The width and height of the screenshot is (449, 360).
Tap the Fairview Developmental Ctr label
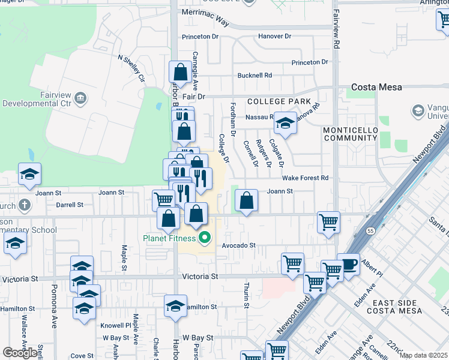39,98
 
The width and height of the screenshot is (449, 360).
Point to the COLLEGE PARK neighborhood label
279,101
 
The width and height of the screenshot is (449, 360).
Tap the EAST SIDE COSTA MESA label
398,309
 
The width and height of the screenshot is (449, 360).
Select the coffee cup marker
348,264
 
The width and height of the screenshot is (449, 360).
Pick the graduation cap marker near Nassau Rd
285,124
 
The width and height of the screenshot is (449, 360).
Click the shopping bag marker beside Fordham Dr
246,201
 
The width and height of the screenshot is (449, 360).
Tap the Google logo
20,352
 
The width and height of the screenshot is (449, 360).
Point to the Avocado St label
239,245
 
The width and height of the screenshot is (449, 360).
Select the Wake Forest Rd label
306,178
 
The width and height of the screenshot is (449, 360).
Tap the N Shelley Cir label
131,68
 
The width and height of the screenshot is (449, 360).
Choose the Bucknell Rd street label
255,76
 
